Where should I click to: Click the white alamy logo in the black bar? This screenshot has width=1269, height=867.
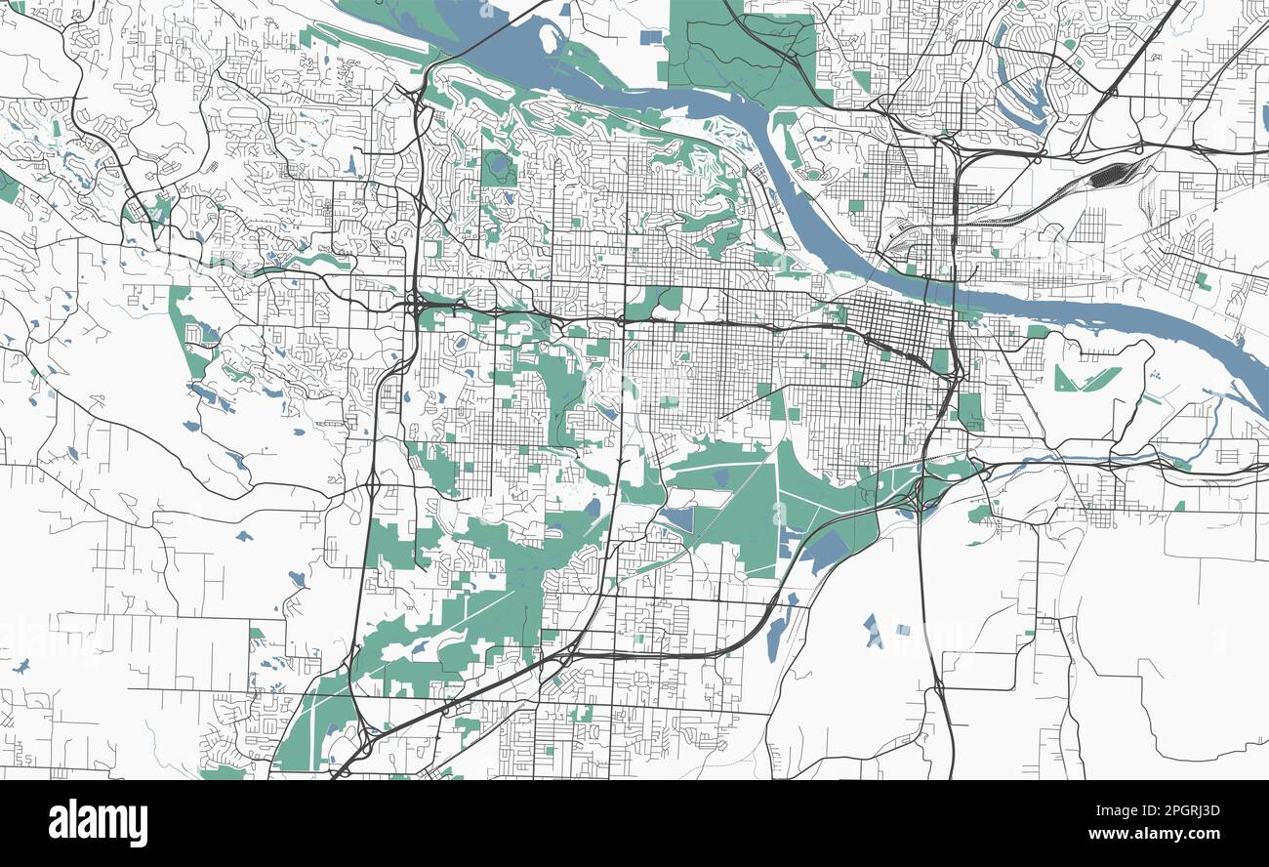coord(98,822)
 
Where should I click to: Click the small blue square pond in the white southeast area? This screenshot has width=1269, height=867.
coord(902,631)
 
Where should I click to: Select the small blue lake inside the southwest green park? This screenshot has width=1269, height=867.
coord(333,729)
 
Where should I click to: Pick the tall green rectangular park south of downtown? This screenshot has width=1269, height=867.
coord(969,410)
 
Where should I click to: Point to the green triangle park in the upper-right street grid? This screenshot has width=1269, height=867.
coord(1205,281)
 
